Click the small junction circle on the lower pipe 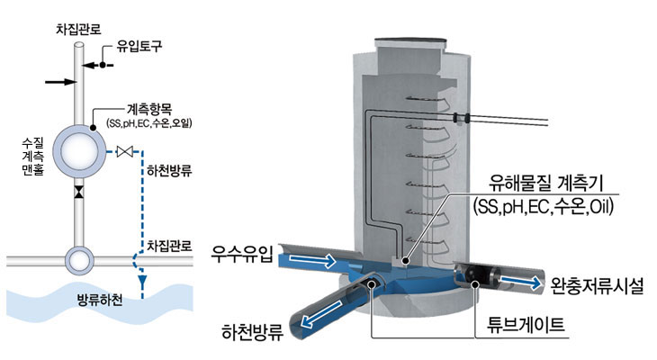(x=79, y=261)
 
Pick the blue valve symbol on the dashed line (x=127, y=151)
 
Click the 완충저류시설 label (x=598, y=286)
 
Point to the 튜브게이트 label (x=530, y=324)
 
